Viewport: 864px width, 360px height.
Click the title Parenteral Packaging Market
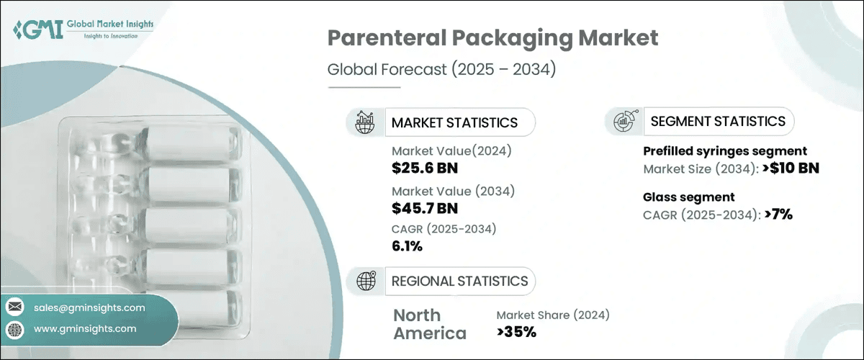[x=492, y=38]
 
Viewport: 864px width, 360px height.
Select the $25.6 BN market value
[x=425, y=168]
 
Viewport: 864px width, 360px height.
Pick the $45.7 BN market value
[x=425, y=209]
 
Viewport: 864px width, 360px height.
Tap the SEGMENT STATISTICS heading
[x=718, y=121]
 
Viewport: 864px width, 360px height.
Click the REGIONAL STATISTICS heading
[x=459, y=281]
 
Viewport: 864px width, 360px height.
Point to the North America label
[x=430, y=324]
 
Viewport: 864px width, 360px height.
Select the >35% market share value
[x=516, y=332]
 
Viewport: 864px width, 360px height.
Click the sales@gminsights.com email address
[x=89, y=307]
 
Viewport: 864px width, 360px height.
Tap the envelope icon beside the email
[x=15, y=308]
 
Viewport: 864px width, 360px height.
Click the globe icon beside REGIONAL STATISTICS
[x=366, y=281]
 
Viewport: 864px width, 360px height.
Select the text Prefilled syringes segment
[x=724, y=151]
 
